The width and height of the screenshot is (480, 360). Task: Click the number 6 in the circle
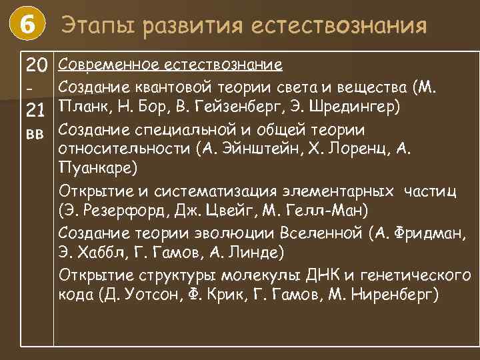pos(27,26)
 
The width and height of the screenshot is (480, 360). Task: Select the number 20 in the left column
pos(37,65)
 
